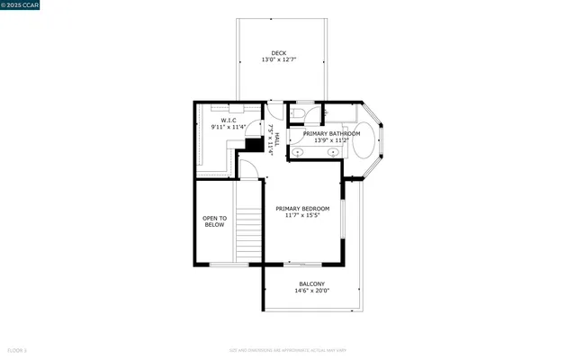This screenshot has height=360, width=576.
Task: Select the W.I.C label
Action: pyautogui.click(x=229, y=120)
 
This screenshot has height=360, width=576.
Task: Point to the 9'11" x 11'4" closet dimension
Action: pyautogui.click(x=229, y=127)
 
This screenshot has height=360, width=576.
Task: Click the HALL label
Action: pyautogui.click(x=277, y=139)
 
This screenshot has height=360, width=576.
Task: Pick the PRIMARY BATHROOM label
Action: pyautogui.click(x=331, y=133)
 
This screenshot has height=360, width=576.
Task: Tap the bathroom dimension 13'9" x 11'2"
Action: pyautogui.click(x=331, y=140)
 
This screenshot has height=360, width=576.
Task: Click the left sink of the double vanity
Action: pyautogui.click(x=298, y=152)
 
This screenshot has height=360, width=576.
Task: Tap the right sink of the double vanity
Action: pyautogui.click(x=333, y=152)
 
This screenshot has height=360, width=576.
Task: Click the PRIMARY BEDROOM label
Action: pyautogui.click(x=302, y=208)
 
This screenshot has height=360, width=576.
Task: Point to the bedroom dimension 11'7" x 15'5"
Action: pyautogui.click(x=302, y=215)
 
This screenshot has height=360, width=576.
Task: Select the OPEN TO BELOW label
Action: pyautogui.click(x=214, y=221)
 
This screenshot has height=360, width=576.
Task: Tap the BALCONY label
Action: pyautogui.click(x=312, y=283)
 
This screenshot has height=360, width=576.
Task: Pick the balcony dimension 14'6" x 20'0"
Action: pyautogui.click(x=312, y=291)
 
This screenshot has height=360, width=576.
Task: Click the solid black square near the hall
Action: pyautogui.click(x=254, y=144)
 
